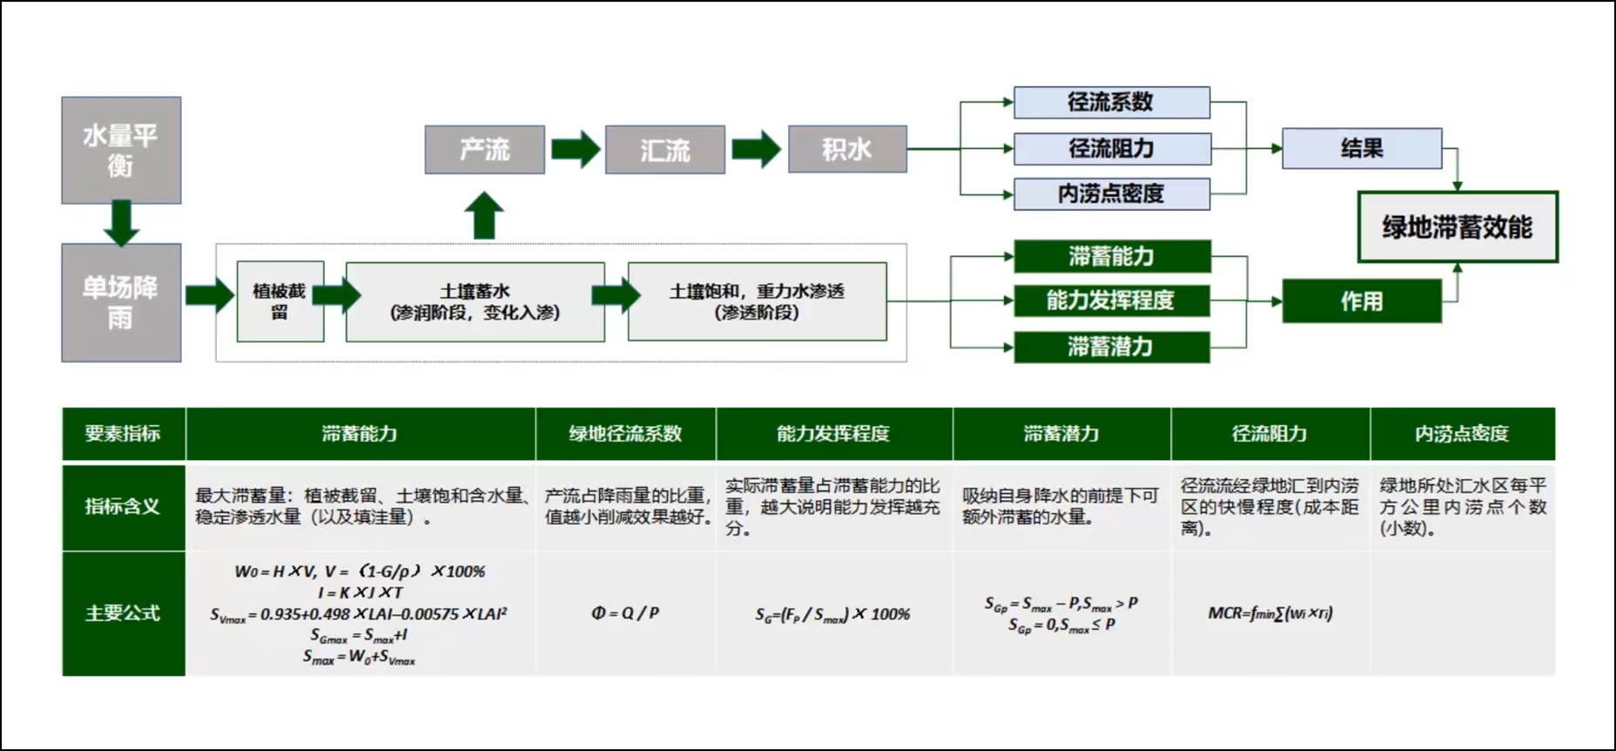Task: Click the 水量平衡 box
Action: click(121, 150)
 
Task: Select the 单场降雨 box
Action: click(121, 302)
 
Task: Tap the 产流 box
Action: click(485, 150)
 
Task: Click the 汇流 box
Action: click(665, 150)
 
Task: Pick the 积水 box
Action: click(847, 150)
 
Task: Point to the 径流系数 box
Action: click(1111, 102)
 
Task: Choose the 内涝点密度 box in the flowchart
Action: click(1111, 193)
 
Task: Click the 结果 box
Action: click(1362, 148)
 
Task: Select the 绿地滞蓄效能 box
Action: click(1458, 227)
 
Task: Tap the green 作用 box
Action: click(1362, 301)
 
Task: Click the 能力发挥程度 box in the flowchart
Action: click(1111, 301)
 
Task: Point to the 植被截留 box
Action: click(279, 301)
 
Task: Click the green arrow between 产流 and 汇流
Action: click(576, 149)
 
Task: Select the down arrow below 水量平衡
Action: click(121, 223)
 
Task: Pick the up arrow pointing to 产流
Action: click(484, 215)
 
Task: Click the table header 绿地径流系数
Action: click(625, 434)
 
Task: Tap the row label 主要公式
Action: click(123, 613)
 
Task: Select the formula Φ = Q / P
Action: click(625, 613)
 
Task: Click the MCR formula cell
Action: click(1269, 613)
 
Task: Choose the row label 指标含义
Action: click(123, 506)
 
